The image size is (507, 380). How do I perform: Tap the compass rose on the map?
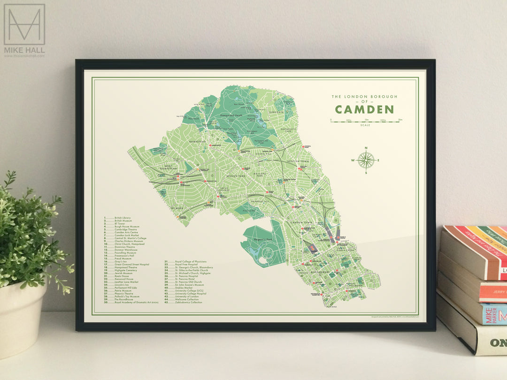point(366,160)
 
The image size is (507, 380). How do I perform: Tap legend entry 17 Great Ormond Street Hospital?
point(127,265)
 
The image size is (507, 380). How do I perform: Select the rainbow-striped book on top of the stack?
point(474,251)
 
